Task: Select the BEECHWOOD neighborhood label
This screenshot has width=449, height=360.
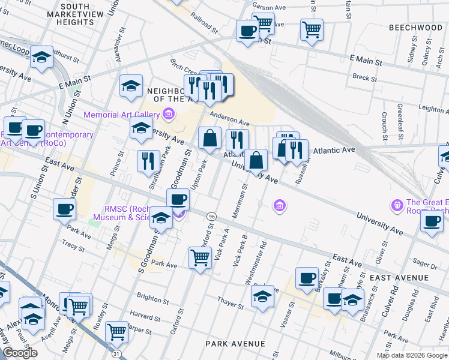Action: [x=415, y=28]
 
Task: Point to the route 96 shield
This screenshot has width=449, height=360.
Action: [x=211, y=216]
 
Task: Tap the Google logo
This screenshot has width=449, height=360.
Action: [x=20, y=353]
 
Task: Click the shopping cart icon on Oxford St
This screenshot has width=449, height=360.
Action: [x=199, y=258]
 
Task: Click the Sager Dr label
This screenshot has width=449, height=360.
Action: [x=426, y=263]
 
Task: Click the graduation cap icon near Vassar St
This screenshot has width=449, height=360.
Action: [x=262, y=297]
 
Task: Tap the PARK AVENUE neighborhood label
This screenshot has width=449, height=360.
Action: [x=235, y=344]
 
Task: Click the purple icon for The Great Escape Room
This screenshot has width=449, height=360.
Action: [x=396, y=206]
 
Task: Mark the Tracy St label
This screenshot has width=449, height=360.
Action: [x=73, y=246]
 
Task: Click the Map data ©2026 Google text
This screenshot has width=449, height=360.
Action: [x=412, y=355]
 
